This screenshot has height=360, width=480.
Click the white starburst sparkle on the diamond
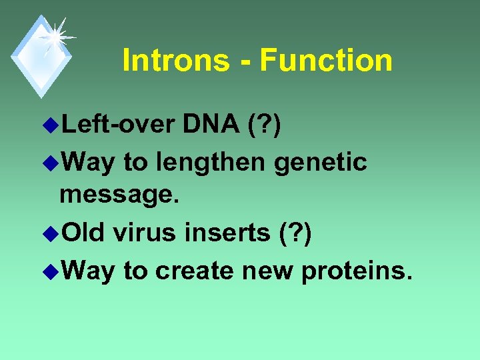pos(55,36)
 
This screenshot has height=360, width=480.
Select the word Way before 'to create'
pos(86,271)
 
